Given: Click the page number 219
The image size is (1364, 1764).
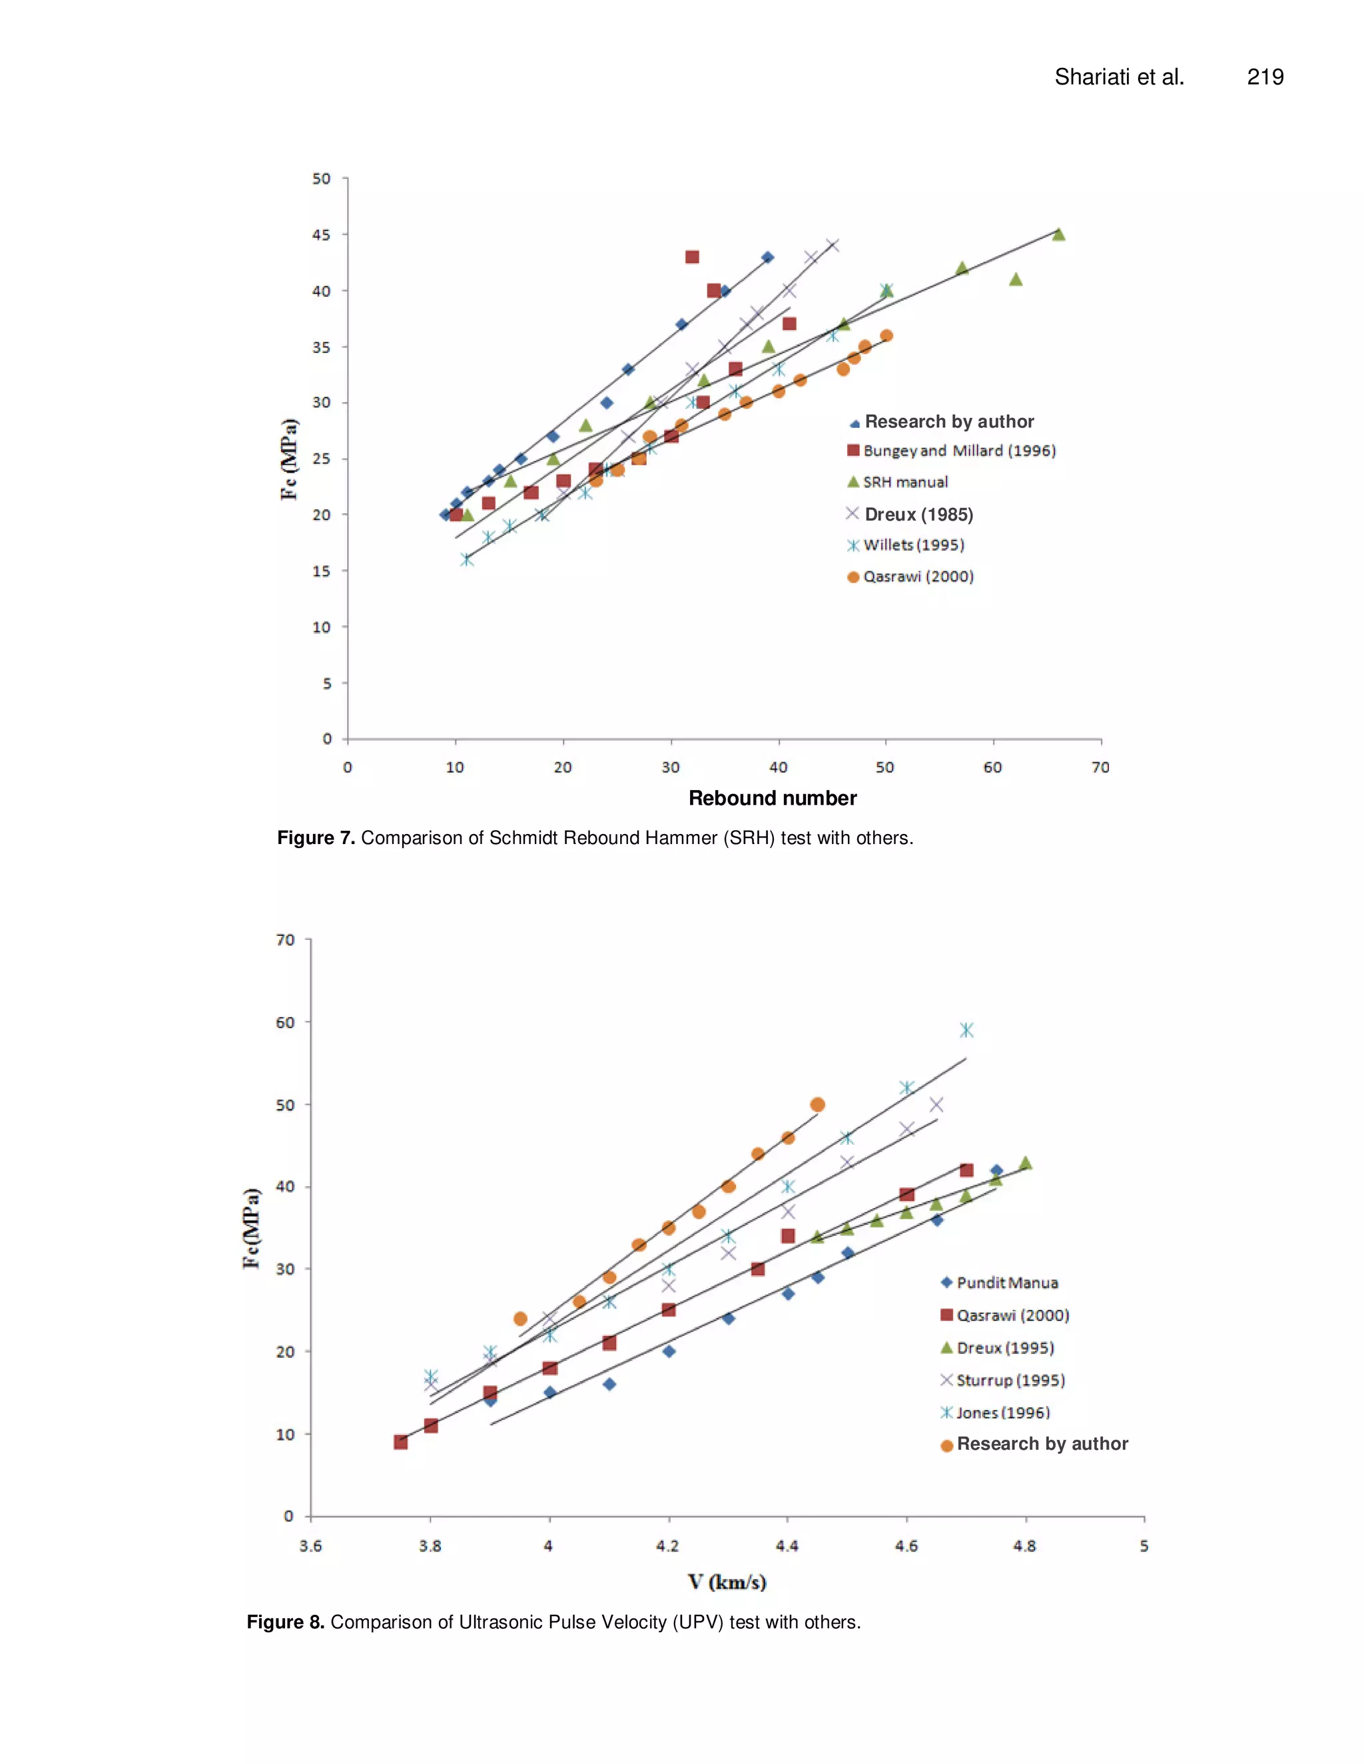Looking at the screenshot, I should click(x=1265, y=77).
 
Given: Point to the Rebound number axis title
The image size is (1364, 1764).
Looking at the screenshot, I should click(x=772, y=798).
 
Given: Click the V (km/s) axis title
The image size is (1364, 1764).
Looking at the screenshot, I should click(x=727, y=1582).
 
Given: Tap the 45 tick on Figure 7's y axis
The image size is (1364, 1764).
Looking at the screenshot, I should click(x=321, y=235).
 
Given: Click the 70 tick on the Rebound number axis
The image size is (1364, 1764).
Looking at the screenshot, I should click(x=1100, y=768).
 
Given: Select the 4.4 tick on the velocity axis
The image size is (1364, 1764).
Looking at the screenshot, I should click(x=787, y=1546).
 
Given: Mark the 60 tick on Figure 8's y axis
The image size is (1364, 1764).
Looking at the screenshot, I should click(x=284, y=1022).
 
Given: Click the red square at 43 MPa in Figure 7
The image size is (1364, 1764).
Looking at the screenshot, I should click(x=692, y=257).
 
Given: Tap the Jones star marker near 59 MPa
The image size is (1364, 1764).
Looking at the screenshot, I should click(x=966, y=1030).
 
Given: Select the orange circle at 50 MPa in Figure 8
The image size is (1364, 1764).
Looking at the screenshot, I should click(x=817, y=1104).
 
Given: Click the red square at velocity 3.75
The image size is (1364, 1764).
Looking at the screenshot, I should click(x=400, y=1442).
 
